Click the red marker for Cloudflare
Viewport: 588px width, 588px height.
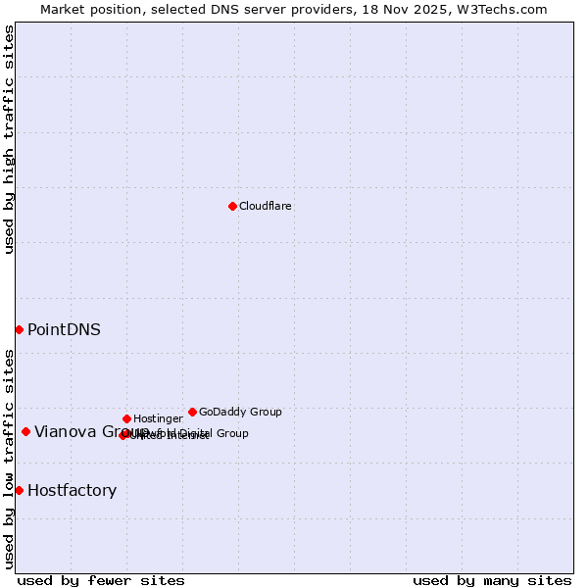(232, 206)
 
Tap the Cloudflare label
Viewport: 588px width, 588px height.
(266, 207)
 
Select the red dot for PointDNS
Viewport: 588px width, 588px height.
(19, 329)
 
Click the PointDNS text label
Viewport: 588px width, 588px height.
(64, 330)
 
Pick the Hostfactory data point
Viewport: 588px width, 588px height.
(19, 490)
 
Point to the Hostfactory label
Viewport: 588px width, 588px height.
(72, 491)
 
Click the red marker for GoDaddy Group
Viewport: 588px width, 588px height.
(192, 412)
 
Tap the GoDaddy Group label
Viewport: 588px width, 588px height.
(240, 413)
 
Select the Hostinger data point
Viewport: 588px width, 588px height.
(126, 418)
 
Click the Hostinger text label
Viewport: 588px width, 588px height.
(158, 419)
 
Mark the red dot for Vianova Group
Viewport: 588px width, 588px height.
(25, 431)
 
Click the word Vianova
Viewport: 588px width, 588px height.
(64, 432)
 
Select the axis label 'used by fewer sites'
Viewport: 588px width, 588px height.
(101, 580)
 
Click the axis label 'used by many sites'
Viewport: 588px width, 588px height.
(492, 580)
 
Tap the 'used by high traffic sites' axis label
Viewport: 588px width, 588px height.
(10, 139)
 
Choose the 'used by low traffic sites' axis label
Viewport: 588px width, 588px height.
(10, 458)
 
